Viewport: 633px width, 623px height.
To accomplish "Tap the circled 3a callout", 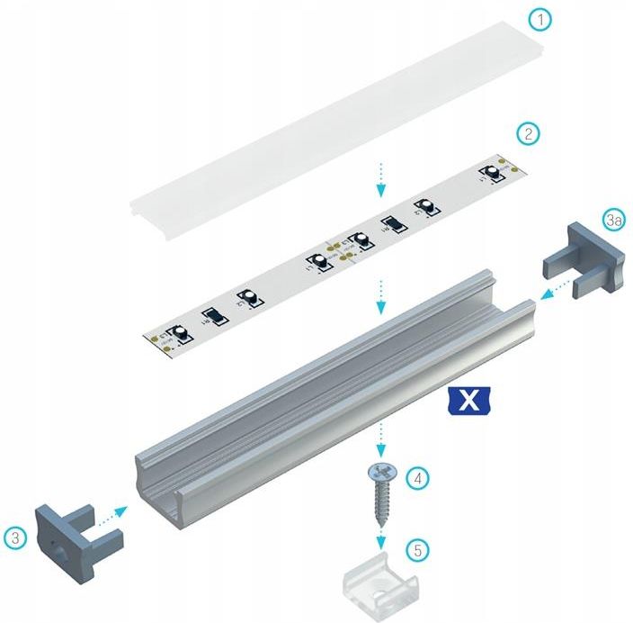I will pos(614,221).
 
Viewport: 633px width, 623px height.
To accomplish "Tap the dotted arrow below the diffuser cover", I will pos(381,178).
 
